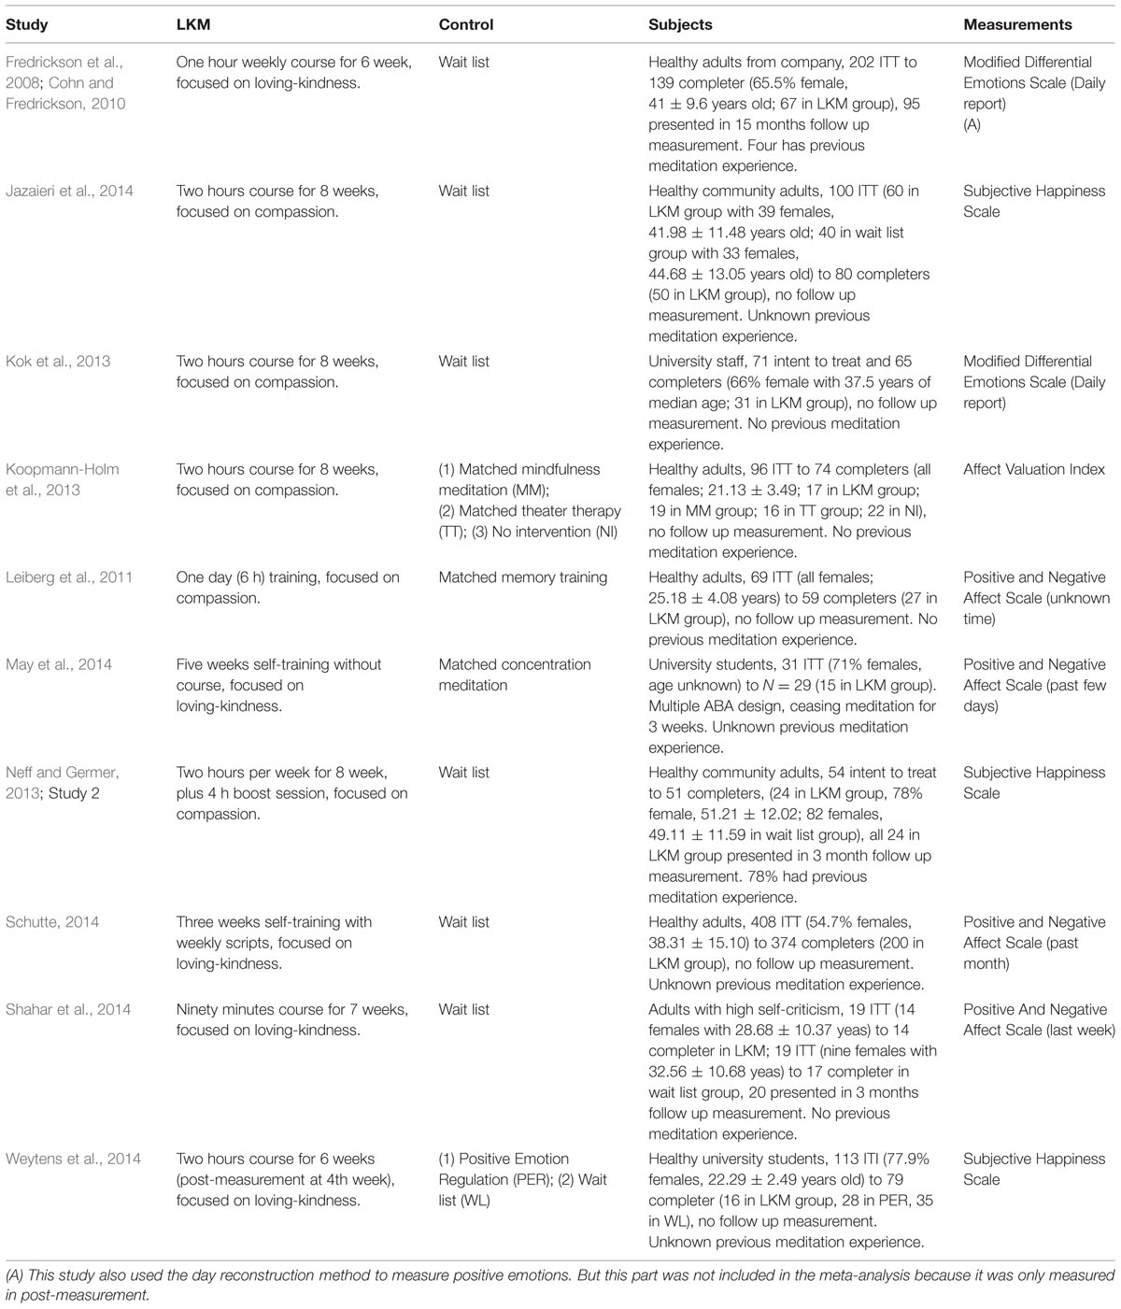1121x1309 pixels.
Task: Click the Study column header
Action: tap(27, 24)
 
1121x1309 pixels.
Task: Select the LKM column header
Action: tap(193, 24)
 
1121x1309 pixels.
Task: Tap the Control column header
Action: tap(466, 24)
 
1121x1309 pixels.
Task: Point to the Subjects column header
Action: tap(680, 24)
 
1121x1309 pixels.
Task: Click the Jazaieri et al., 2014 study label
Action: tap(69, 191)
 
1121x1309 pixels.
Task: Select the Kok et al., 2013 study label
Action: tap(58, 361)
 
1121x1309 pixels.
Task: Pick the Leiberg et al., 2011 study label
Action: tap(71, 576)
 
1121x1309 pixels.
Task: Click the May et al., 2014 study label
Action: tap(59, 664)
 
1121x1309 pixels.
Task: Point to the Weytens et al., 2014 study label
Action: tap(73, 1159)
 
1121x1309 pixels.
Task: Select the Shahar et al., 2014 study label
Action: tap(68, 1009)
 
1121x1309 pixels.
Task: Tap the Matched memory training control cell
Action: tap(523, 576)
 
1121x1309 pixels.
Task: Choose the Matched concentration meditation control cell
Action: tap(515, 675)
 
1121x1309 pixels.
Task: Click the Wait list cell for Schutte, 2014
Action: tap(464, 921)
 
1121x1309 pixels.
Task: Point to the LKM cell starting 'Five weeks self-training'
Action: tap(278, 685)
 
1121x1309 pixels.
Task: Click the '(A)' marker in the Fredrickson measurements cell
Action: tap(972, 124)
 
